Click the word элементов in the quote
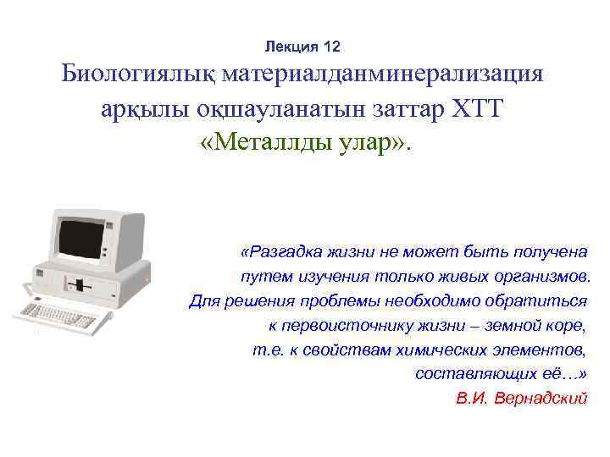[x=542, y=350]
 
